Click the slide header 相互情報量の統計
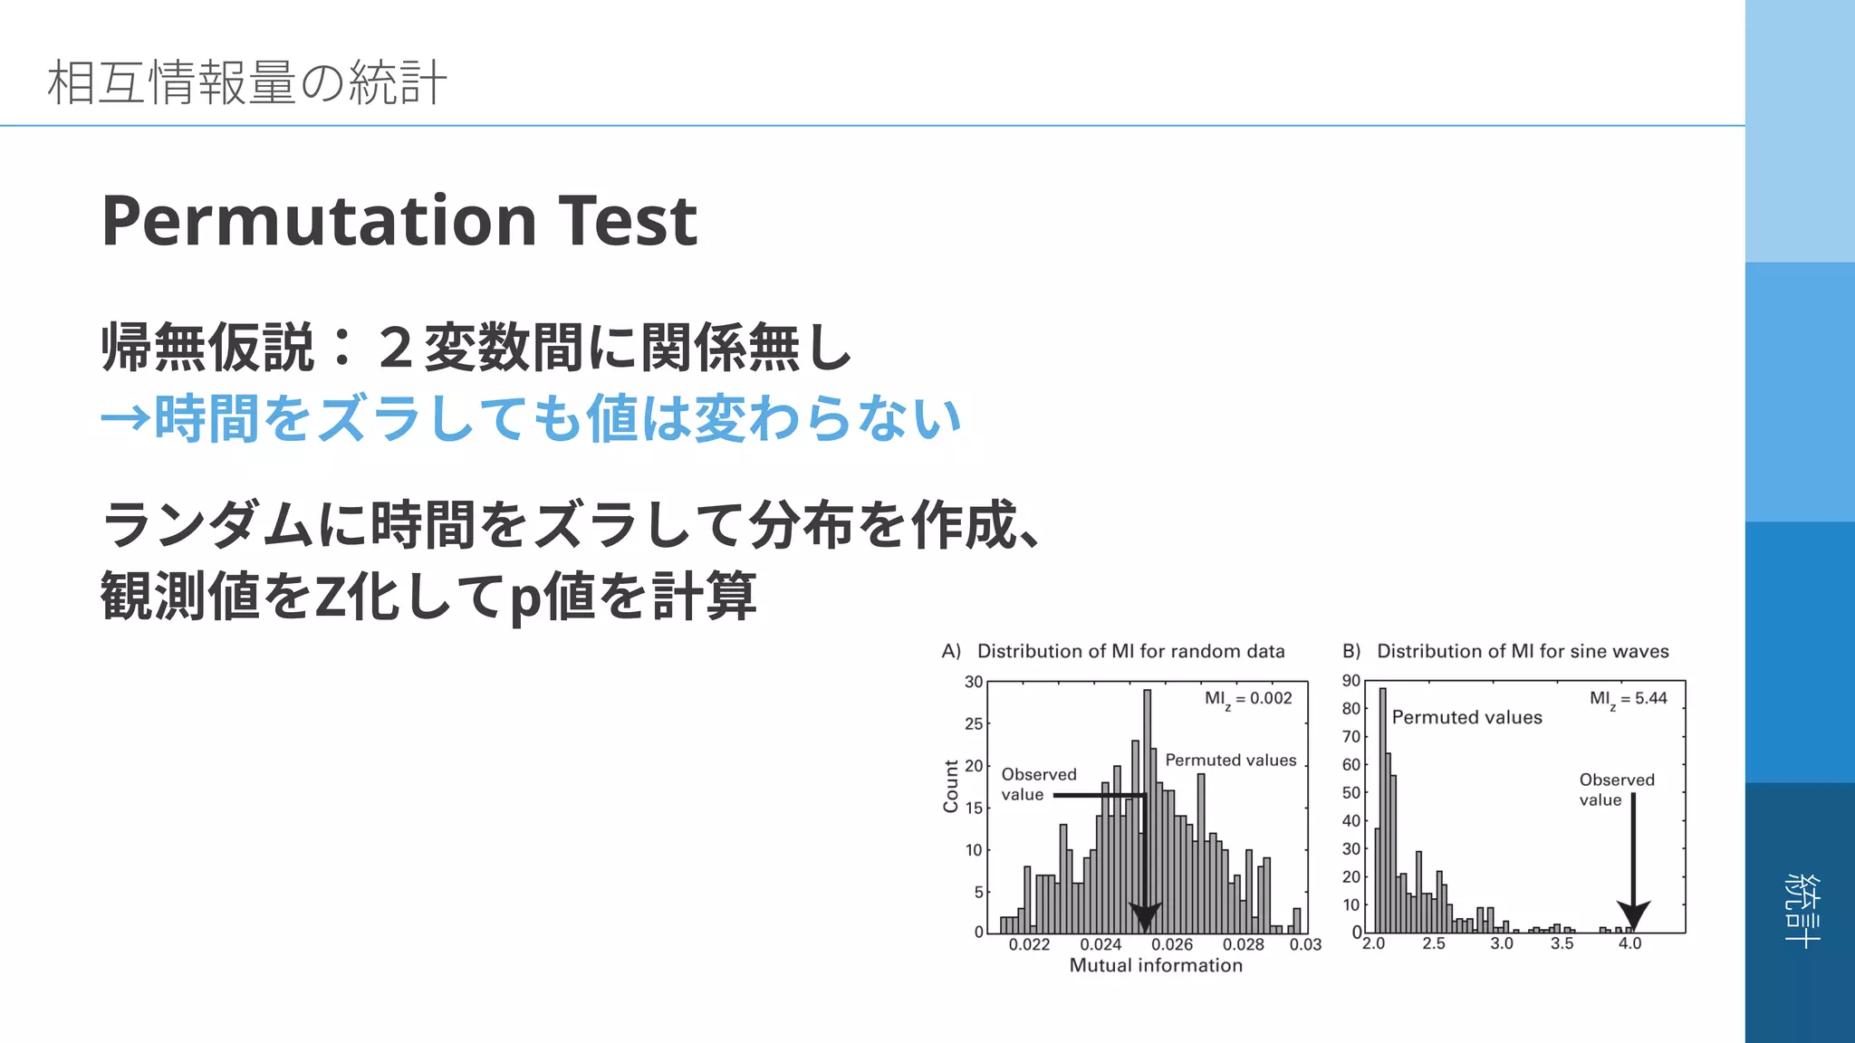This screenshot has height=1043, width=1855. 246,82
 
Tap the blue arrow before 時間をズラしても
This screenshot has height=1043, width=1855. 125,418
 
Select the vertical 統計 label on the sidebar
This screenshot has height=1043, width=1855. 1802,911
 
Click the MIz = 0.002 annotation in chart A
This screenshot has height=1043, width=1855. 1247,699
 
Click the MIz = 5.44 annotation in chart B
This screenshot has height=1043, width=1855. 1628,699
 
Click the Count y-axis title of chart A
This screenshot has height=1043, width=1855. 950,786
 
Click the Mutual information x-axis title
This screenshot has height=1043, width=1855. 1156,965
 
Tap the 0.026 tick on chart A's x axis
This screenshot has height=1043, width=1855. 1172,944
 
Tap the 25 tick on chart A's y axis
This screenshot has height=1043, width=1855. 973,723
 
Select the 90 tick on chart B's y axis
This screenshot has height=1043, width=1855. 1350,681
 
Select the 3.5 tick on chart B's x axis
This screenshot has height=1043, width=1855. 1562,943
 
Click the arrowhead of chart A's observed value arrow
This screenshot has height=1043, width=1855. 1145,917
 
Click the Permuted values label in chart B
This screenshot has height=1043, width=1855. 1466,717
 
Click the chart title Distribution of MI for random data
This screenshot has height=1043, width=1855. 1130,651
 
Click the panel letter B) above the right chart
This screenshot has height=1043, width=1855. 1351,651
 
